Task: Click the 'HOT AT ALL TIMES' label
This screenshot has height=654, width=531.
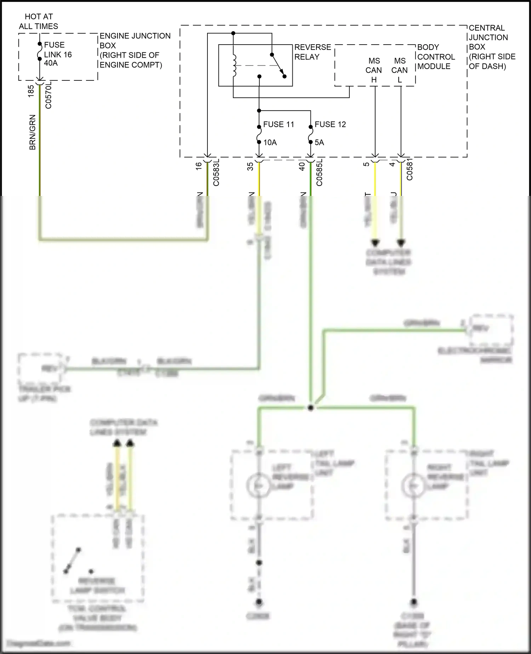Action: coord(38,21)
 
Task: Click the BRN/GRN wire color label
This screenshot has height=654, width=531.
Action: coord(32,132)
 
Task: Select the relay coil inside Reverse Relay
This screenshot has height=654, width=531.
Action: coord(234,66)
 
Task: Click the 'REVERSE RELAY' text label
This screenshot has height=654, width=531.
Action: coord(312,52)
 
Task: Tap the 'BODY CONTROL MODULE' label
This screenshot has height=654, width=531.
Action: coord(436,57)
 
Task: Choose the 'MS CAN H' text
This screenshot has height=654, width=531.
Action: coord(374,70)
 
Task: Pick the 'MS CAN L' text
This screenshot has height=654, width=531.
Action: coord(400,70)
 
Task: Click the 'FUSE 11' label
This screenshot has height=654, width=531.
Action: coord(279,124)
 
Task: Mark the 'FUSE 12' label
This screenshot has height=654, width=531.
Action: coord(330,124)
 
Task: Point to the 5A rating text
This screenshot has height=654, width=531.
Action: coord(319,142)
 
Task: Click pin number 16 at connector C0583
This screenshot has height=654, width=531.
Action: coord(199,165)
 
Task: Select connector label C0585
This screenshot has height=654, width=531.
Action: coord(319,173)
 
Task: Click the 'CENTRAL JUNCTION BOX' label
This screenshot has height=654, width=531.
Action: coord(491,47)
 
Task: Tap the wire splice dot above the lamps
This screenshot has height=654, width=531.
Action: coord(311,408)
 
